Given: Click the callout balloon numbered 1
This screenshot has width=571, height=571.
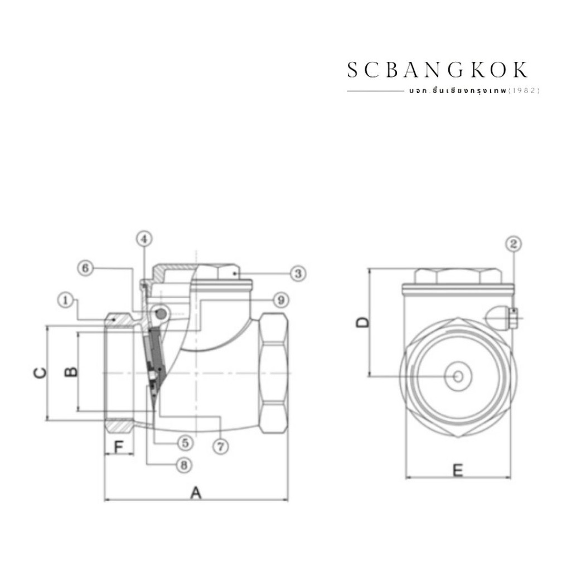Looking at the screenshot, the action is click(x=66, y=301).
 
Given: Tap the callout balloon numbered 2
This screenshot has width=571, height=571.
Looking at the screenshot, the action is click(x=514, y=244).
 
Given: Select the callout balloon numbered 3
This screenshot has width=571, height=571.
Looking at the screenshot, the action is click(x=298, y=273).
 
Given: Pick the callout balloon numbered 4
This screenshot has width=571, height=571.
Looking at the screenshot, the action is click(x=144, y=239).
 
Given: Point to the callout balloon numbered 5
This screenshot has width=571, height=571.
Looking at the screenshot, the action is click(x=185, y=443).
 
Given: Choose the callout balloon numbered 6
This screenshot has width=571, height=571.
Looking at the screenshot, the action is click(x=85, y=268).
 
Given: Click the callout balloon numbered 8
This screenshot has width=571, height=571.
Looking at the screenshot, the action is click(x=183, y=465).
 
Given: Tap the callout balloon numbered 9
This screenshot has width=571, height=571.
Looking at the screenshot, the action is click(x=281, y=300).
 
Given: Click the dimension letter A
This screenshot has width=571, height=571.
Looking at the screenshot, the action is click(x=196, y=493).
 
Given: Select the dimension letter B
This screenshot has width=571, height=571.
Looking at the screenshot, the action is click(x=71, y=371).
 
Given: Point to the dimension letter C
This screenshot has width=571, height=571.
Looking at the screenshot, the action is click(x=40, y=373).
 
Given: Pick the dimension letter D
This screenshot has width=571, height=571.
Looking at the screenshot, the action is click(x=362, y=322).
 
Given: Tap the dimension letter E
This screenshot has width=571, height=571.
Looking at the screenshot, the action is click(x=458, y=470).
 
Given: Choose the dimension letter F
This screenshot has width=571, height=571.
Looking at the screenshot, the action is click(x=119, y=447).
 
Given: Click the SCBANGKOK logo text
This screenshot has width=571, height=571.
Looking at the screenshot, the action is click(x=437, y=70).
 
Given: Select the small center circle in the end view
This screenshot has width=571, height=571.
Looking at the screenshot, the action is click(x=458, y=376).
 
